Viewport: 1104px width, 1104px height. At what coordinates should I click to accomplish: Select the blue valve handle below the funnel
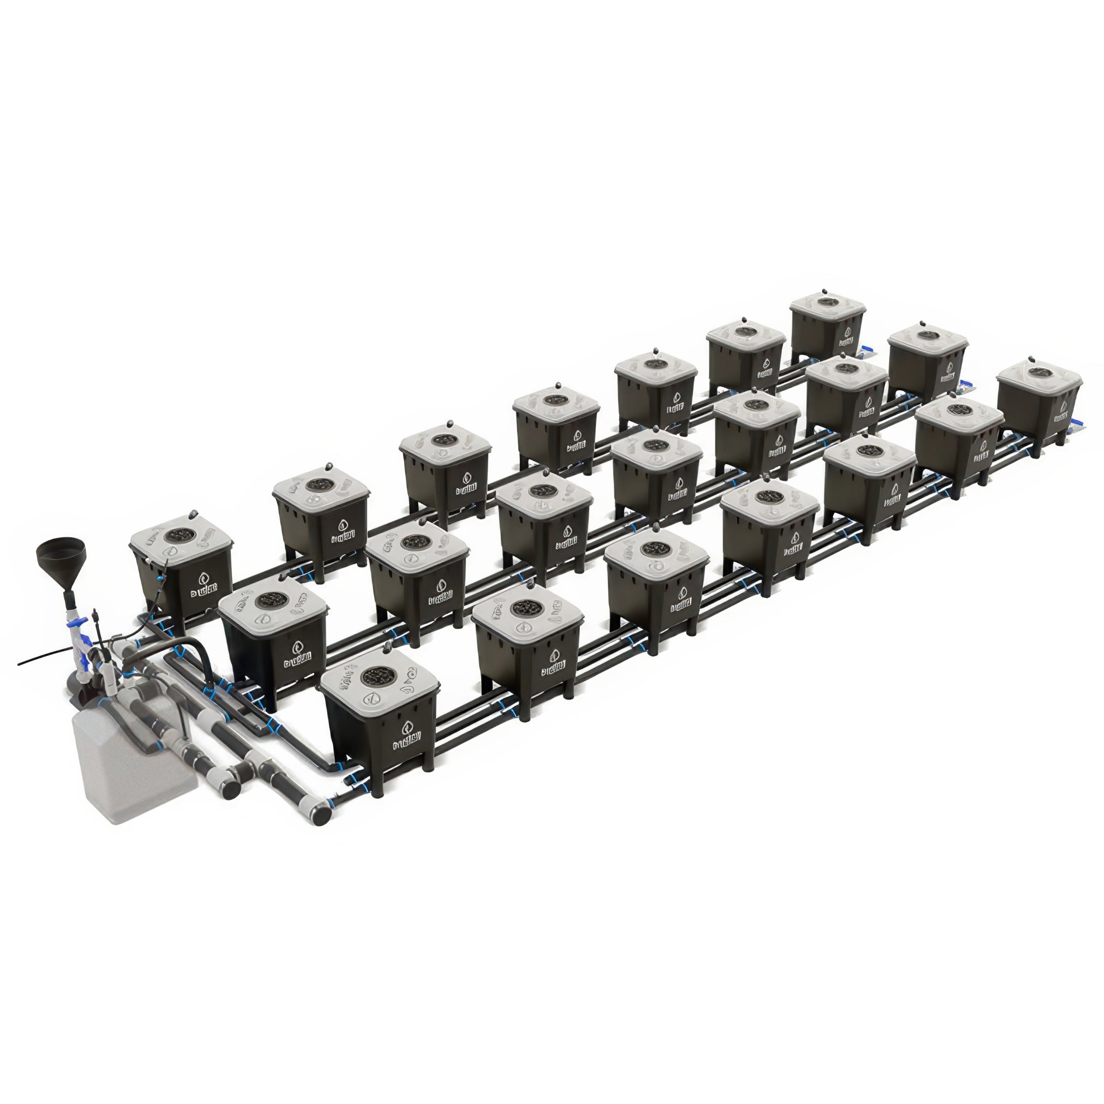[x=85, y=660]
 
